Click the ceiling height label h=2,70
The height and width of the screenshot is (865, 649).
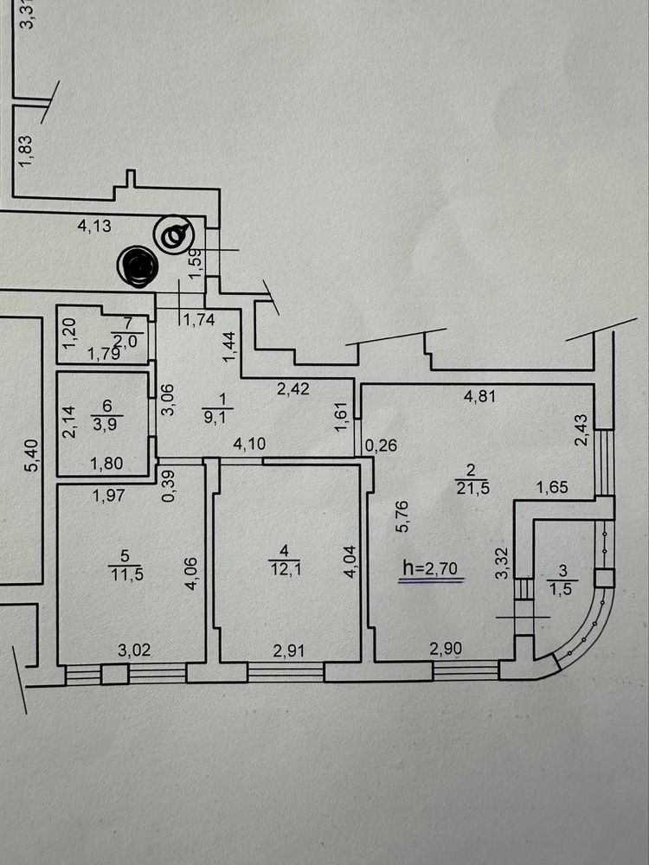[430, 567]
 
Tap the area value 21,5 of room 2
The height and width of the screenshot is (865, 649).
[472, 488]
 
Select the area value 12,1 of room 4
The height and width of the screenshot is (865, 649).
[284, 569]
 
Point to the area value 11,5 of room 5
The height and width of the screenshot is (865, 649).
[127, 573]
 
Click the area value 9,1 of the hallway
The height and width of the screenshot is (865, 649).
[215, 417]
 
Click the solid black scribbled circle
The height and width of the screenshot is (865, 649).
[138, 266]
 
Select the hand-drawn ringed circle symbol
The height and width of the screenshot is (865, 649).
[174, 234]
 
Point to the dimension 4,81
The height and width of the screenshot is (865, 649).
[479, 396]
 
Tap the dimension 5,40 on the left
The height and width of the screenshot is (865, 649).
[33, 455]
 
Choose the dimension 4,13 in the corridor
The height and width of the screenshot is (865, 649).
[94, 226]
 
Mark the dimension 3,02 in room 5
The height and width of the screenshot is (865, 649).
[134, 650]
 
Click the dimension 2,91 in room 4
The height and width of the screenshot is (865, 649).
[289, 650]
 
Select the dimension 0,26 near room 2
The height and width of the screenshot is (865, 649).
[381, 445]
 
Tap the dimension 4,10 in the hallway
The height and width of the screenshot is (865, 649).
[249, 444]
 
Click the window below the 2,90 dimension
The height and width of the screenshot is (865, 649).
[466, 670]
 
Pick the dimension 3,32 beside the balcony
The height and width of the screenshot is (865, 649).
[502, 563]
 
